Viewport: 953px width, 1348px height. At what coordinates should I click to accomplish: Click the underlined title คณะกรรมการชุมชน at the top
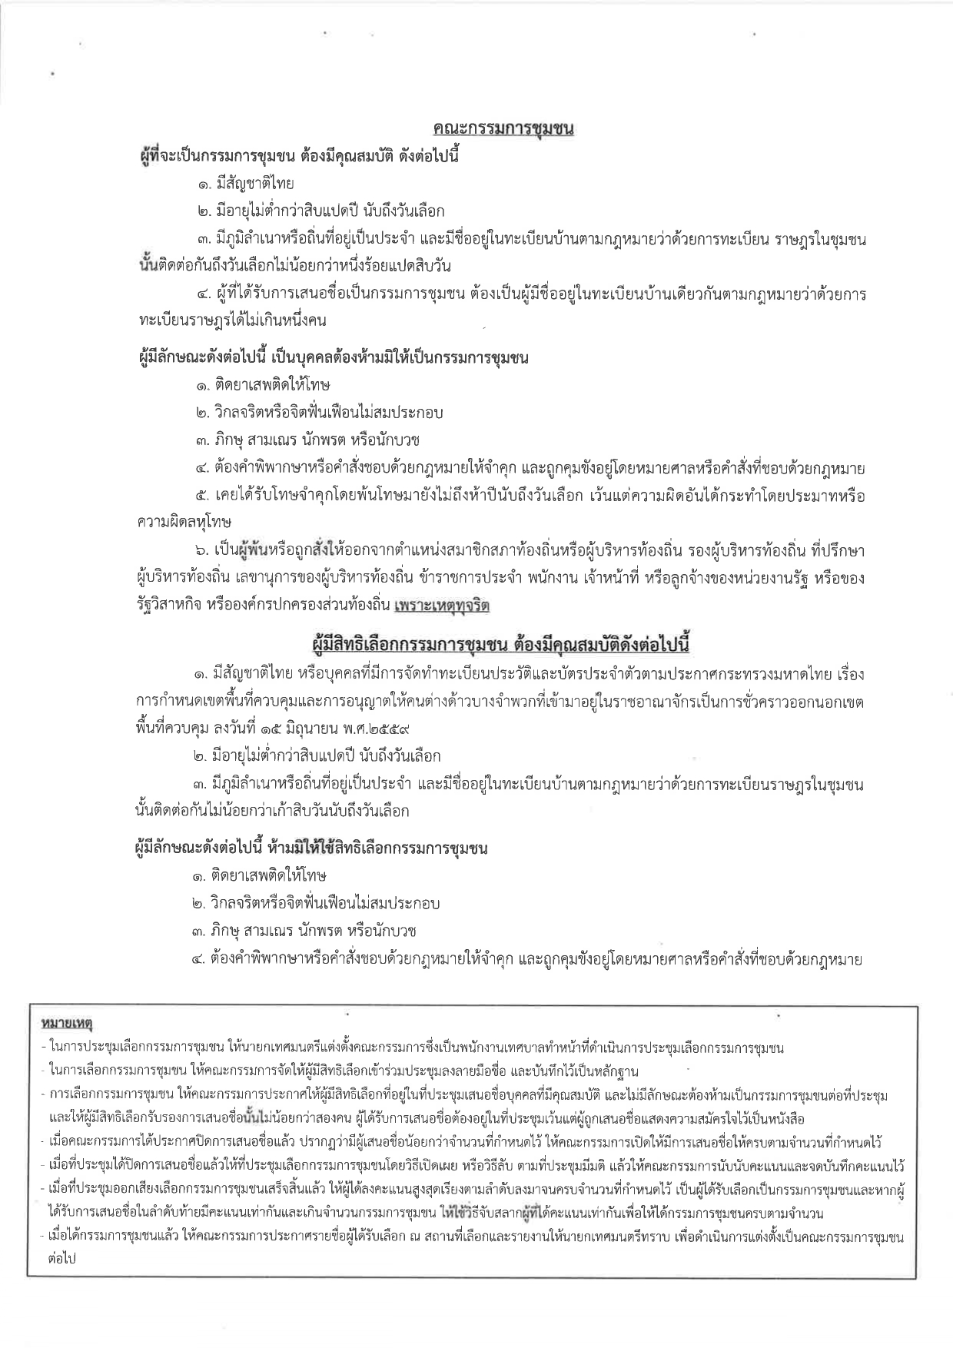pos(503,130)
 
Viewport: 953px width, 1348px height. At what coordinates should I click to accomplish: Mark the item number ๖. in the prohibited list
pos(201,550)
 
